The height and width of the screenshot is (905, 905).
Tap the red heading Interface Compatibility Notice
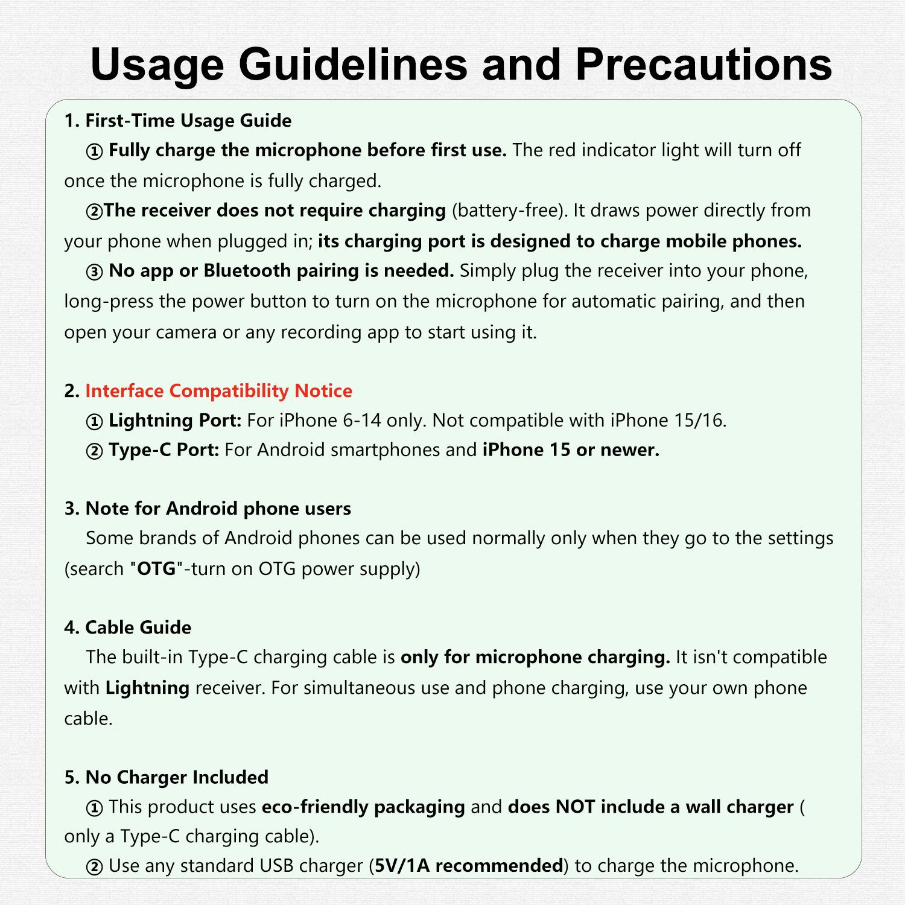tap(218, 391)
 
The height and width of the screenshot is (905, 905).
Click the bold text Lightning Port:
tap(175, 421)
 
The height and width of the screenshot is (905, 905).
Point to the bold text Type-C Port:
tap(164, 450)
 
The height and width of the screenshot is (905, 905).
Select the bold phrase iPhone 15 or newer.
tap(571, 450)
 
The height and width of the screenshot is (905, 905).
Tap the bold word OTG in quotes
tap(156, 569)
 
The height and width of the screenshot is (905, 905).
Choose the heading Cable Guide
tap(138, 627)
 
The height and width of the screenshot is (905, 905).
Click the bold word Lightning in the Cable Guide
tap(147, 688)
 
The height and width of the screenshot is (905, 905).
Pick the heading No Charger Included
tap(177, 777)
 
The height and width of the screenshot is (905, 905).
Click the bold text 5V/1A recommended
tap(469, 866)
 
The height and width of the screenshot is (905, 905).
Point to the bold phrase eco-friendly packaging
tap(363, 807)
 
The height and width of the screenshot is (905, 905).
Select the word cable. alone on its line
tap(88, 719)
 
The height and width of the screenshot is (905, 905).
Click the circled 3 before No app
tap(95, 271)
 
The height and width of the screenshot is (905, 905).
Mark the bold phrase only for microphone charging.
tap(535, 657)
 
